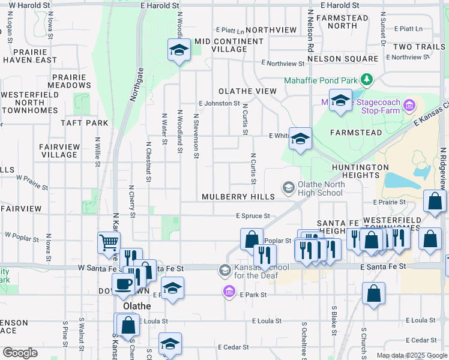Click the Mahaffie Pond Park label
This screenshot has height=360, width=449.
click(321, 80)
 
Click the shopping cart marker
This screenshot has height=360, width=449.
click(109, 243)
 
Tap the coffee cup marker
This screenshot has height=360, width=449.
click(123, 284)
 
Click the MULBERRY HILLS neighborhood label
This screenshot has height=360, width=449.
click(238, 197)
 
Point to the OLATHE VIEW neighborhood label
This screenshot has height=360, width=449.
click(247, 91)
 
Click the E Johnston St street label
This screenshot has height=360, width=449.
click(219, 103)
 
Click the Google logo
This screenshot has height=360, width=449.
click(20, 353)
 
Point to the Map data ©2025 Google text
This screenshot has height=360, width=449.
click(412, 355)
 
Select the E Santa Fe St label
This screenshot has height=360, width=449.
click(383, 266)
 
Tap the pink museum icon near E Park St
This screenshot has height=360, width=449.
click(228, 292)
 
